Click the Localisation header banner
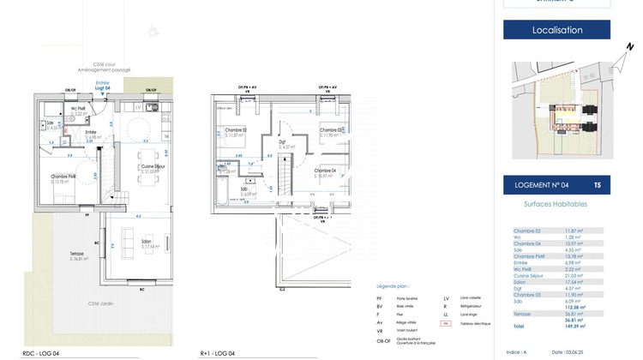[x=556, y=30]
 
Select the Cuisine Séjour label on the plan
[x=153, y=168]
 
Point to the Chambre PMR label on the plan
[x=63, y=177]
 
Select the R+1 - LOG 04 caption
[x=217, y=352]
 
